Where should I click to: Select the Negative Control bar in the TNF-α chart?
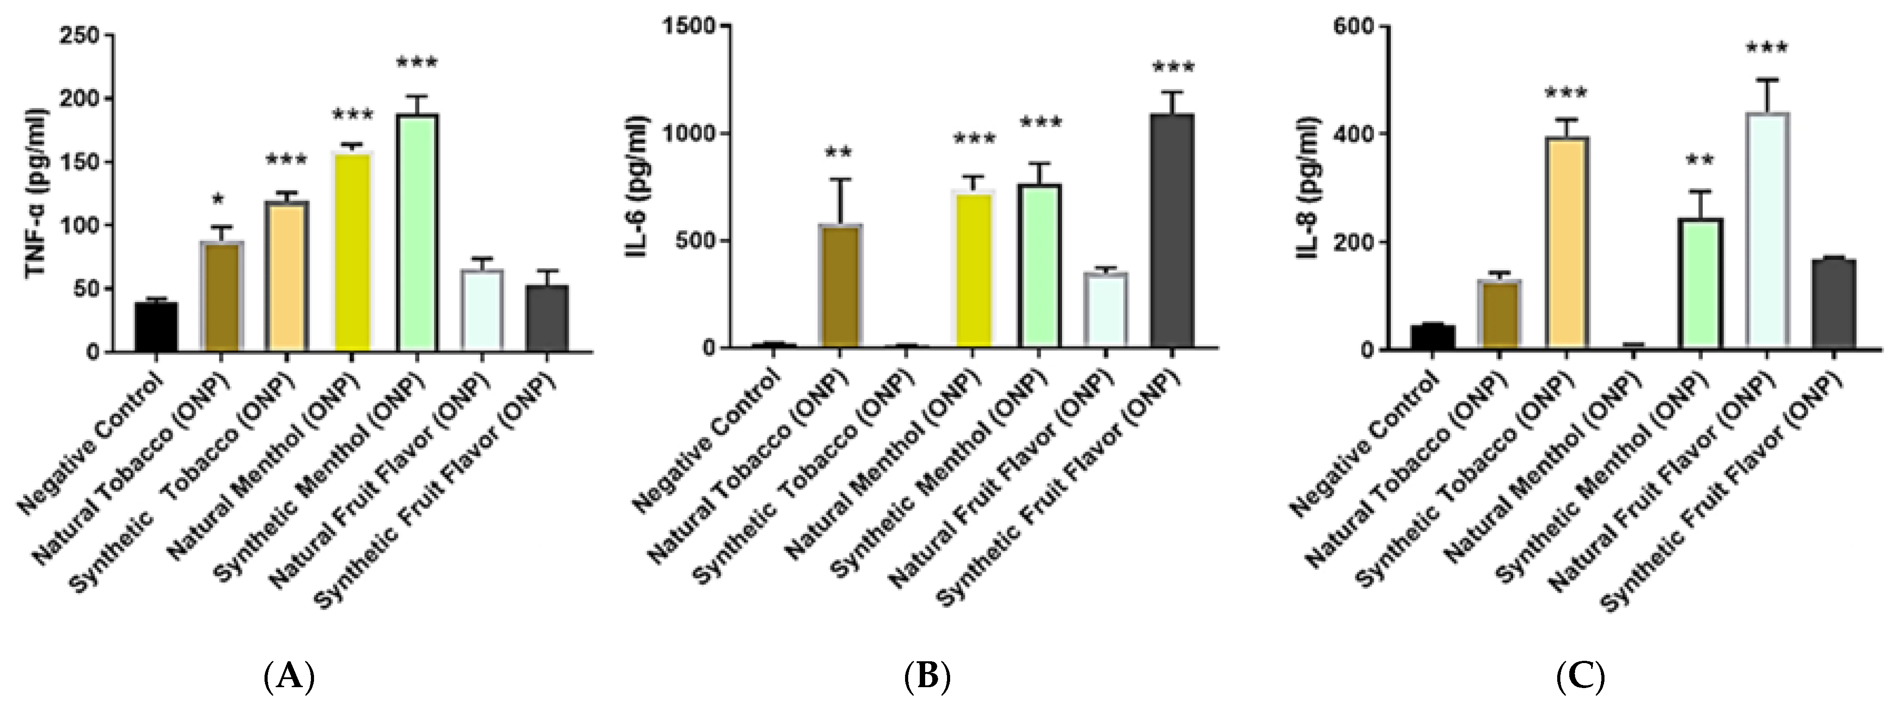(156, 326)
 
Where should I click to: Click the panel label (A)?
(289, 676)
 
